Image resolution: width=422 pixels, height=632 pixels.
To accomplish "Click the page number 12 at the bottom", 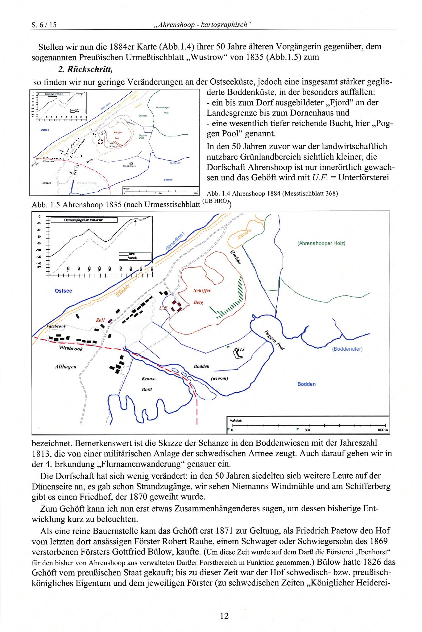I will pyautogui.click(x=224, y=616).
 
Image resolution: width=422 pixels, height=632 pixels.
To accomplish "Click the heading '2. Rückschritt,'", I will pyautogui.click(x=85, y=69).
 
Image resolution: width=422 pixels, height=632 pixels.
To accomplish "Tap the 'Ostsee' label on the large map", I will pyautogui.click(x=63, y=291).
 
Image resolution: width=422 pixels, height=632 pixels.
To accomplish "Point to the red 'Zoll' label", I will pyautogui.click(x=100, y=320).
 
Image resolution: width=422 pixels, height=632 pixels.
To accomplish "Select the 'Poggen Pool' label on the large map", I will pyautogui.click(x=274, y=340).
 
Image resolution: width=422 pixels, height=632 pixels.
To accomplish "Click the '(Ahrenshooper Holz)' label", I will pyautogui.click(x=321, y=243).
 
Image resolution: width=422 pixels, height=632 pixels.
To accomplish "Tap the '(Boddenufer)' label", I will pyautogui.click(x=347, y=349).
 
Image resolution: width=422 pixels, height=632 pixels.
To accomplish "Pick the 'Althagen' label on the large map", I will pyautogui.click(x=66, y=367).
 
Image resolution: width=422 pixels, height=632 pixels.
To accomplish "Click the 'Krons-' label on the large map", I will pyautogui.click(x=149, y=379).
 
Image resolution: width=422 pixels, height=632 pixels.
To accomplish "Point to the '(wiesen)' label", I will pyautogui.click(x=219, y=378).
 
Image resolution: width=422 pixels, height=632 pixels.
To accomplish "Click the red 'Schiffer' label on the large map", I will pyautogui.click(x=202, y=291).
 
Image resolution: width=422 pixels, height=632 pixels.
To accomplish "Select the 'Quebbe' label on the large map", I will pyautogui.click(x=236, y=257).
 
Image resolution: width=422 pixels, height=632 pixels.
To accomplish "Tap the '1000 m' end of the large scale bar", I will pyautogui.click(x=383, y=430).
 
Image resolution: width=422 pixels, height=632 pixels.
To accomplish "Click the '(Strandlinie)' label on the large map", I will pyautogui.click(x=175, y=241).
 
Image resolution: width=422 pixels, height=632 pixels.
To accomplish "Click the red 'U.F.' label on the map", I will pyautogui.click(x=163, y=308).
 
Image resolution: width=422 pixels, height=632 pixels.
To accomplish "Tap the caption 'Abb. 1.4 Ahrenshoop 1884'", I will pyautogui.click(x=272, y=193).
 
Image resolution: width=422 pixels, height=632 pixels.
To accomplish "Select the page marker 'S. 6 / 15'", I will pyautogui.click(x=44, y=25).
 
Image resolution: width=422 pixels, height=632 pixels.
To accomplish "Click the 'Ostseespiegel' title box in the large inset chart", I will pyautogui.click(x=84, y=220).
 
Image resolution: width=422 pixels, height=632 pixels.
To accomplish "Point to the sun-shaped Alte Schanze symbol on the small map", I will pyautogui.click(x=131, y=163).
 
